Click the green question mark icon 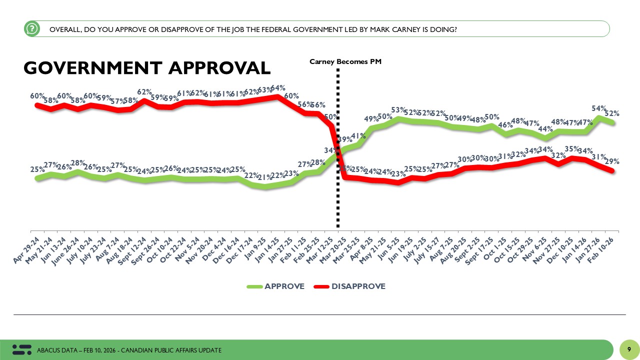(31, 29)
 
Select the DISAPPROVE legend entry (349, 286)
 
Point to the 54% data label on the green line (599, 108)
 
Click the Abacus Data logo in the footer (21, 349)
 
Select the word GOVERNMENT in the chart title (92, 68)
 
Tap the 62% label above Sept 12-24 (145, 92)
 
